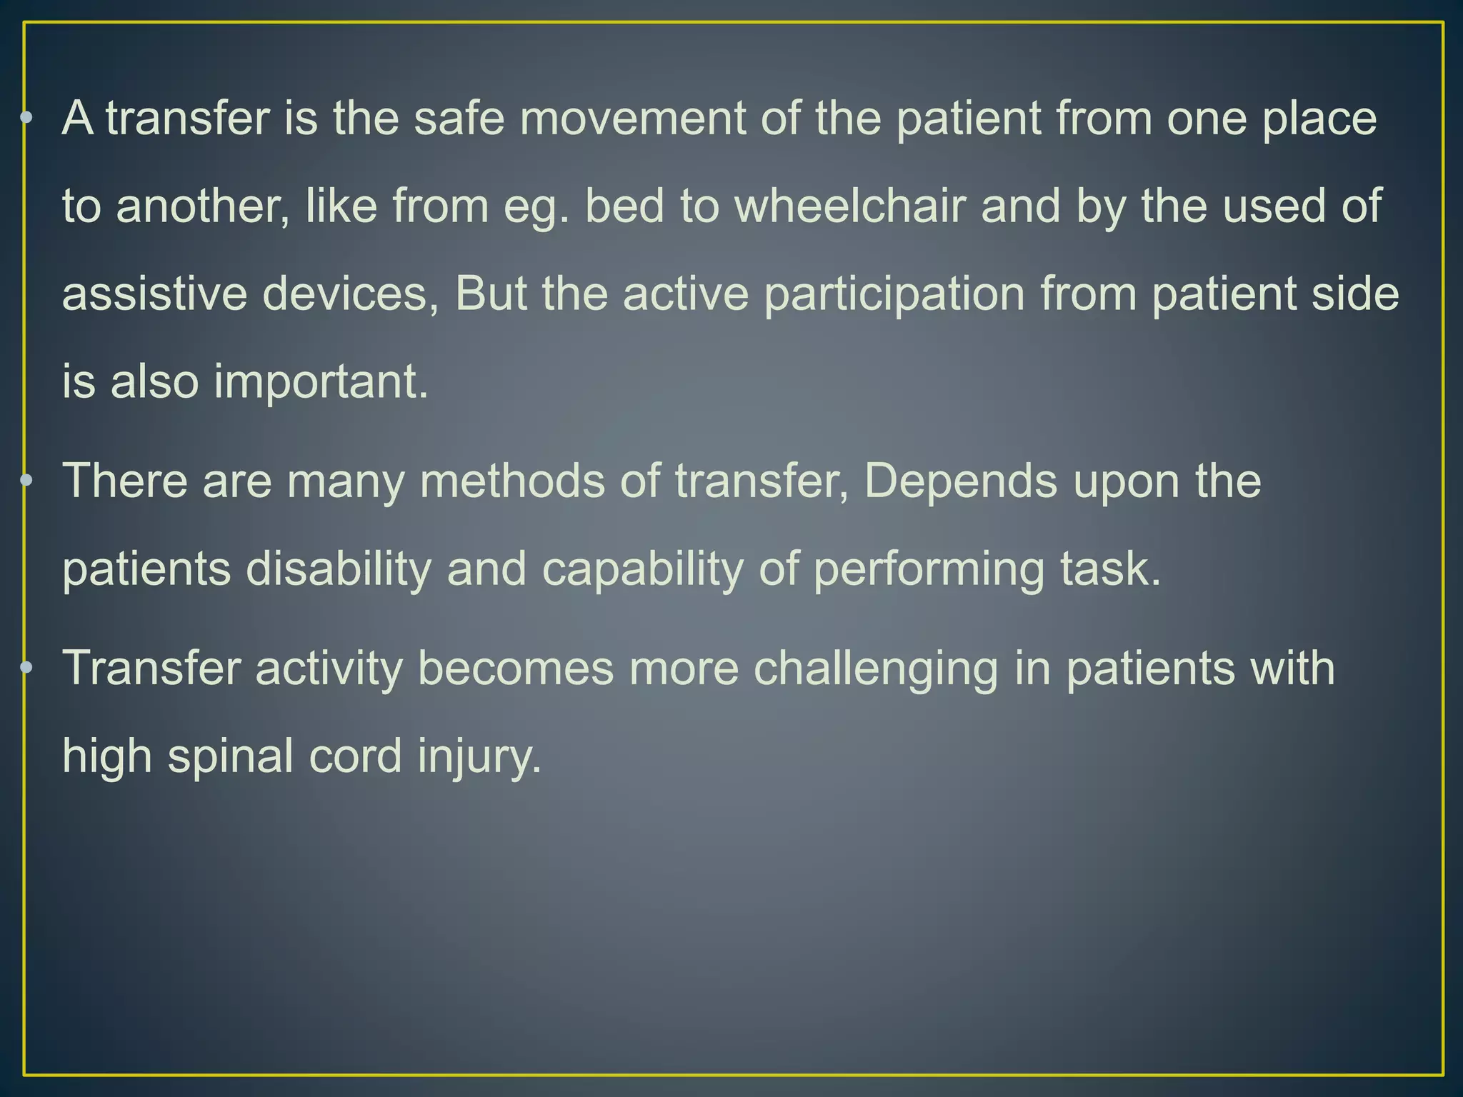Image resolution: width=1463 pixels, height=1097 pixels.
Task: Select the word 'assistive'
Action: [154, 294]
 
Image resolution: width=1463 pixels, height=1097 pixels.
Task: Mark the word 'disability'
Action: [339, 569]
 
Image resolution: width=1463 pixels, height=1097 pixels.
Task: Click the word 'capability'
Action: [642, 569]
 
